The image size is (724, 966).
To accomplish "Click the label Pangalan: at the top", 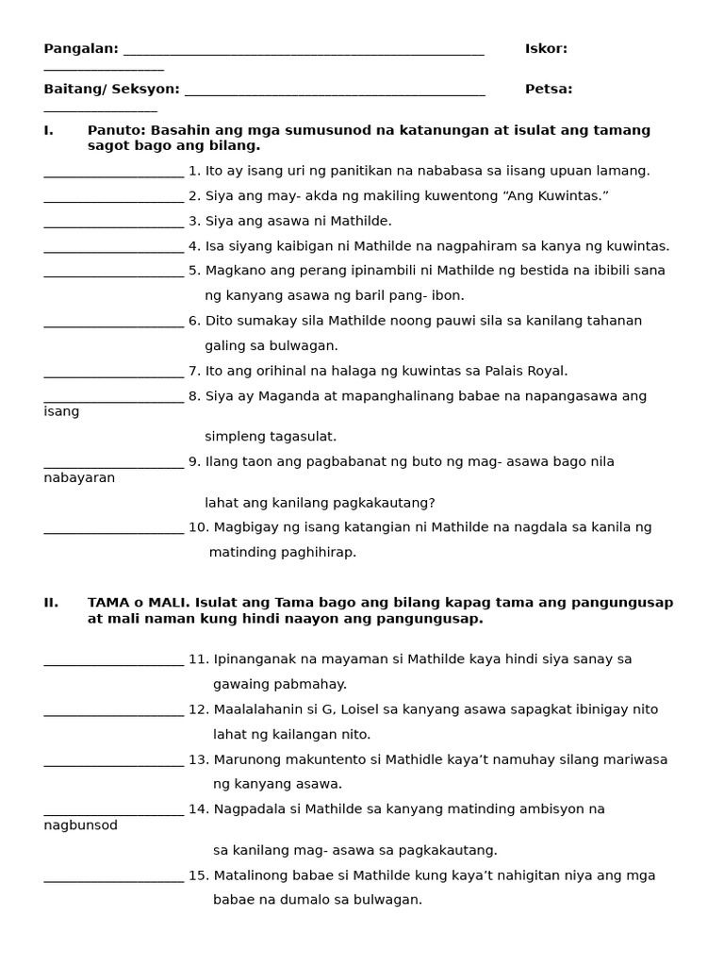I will click(x=81, y=49).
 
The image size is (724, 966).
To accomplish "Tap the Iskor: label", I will click(x=546, y=49).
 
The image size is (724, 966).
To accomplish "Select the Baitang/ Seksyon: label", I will click(x=111, y=90).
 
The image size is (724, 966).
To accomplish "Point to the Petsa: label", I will click(x=549, y=90).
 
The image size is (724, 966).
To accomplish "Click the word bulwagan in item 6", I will click(x=307, y=346).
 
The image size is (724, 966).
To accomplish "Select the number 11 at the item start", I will click(x=198, y=659).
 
